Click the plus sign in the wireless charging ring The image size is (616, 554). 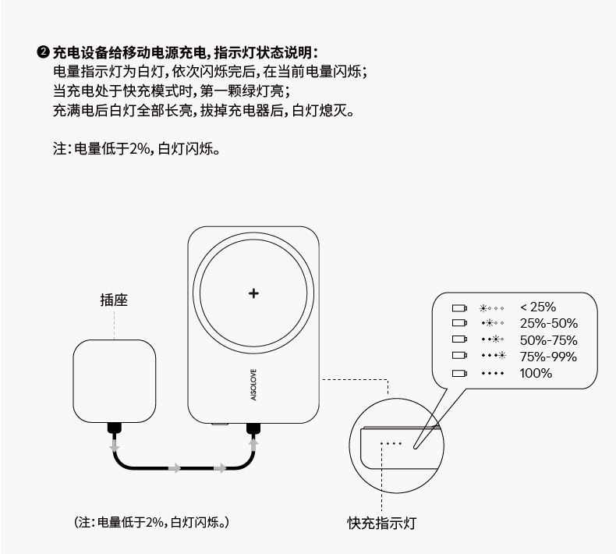click(x=253, y=293)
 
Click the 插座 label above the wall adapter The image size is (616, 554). click(x=114, y=300)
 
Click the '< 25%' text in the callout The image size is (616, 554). click(x=538, y=307)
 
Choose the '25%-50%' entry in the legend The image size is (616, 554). click(x=548, y=323)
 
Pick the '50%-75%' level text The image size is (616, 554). click(x=548, y=339)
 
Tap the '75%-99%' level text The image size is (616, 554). click(x=548, y=357)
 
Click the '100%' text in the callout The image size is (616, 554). click(x=536, y=373)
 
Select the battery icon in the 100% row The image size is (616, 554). click(x=458, y=374)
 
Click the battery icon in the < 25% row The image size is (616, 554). click(x=458, y=307)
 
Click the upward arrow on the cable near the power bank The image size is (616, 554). click(x=253, y=446)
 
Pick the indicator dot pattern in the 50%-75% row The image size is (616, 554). click(x=493, y=340)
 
